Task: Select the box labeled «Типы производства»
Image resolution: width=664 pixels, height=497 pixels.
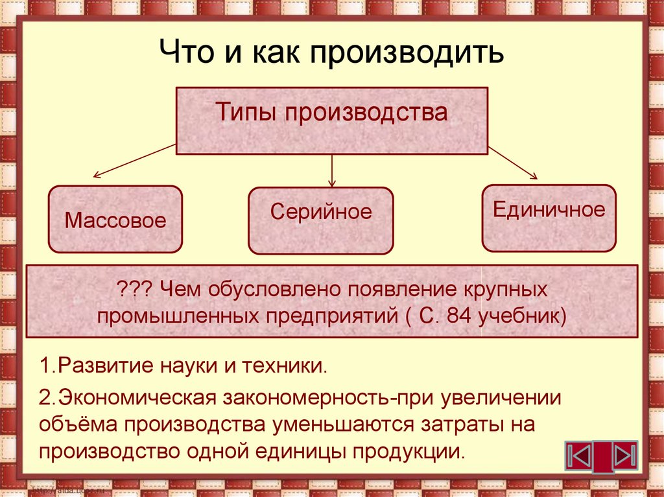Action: pyautogui.click(x=331, y=121)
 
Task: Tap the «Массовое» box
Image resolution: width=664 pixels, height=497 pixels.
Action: pyautogui.click(x=115, y=220)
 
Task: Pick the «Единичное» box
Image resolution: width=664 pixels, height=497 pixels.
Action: pyautogui.click(x=549, y=218)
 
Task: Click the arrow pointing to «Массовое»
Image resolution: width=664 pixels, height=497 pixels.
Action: pyautogui.click(x=134, y=161)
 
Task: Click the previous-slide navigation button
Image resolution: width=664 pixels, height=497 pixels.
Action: pyautogui.click(x=578, y=457)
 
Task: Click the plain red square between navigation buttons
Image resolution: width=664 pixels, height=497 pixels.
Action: pyautogui.click(x=602, y=457)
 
